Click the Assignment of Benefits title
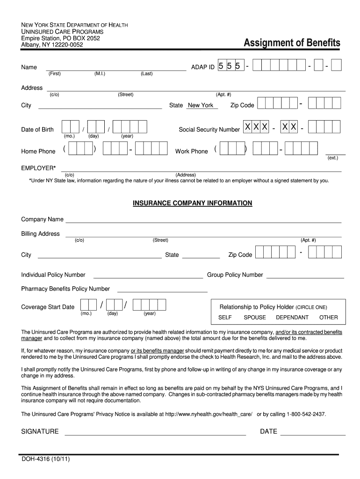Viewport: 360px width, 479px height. tap(292, 44)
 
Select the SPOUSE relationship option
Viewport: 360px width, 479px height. tap(255, 318)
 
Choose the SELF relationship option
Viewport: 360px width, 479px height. tap(225, 318)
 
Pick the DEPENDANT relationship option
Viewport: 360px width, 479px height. tap(292, 318)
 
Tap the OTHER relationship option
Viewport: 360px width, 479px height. tap(328, 318)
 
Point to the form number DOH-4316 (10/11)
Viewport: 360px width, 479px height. tap(45, 459)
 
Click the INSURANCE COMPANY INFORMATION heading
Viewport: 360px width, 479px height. tap(193, 203)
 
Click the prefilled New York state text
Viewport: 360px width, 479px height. tap(201, 105)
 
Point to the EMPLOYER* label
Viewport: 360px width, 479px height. tap(38, 167)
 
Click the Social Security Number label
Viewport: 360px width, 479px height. tap(209, 130)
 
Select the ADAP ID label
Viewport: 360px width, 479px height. tap(203, 67)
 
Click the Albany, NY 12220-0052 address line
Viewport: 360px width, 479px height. tap(52, 44)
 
